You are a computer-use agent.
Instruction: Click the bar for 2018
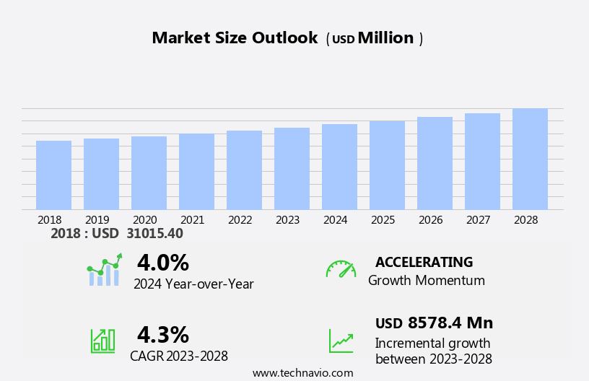tap(53, 175)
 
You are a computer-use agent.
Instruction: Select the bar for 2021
tap(196, 172)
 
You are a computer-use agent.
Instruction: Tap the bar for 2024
tap(339, 167)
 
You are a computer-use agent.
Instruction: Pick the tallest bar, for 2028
tap(530, 159)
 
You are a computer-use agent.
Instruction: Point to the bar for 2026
tap(435, 163)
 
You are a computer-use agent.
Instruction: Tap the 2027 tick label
tap(482, 220)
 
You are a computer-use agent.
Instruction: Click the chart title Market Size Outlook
tap(235, 38)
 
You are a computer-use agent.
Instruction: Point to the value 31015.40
tap(154, 234)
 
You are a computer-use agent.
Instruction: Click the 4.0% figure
tap(162, 263)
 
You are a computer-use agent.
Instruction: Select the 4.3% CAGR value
tap(162, 335)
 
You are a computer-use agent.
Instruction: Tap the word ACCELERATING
tap(424, 263)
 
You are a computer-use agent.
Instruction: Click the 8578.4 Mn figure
tap(450, 323)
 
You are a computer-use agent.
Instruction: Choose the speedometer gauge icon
tap(341, 269)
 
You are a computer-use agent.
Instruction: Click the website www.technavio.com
tap(302, 373)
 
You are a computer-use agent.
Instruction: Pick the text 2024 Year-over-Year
tap(193, 284)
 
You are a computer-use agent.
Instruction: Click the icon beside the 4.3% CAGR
tap(102, 340)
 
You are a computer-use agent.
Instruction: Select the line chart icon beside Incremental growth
tap(341, 341)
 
